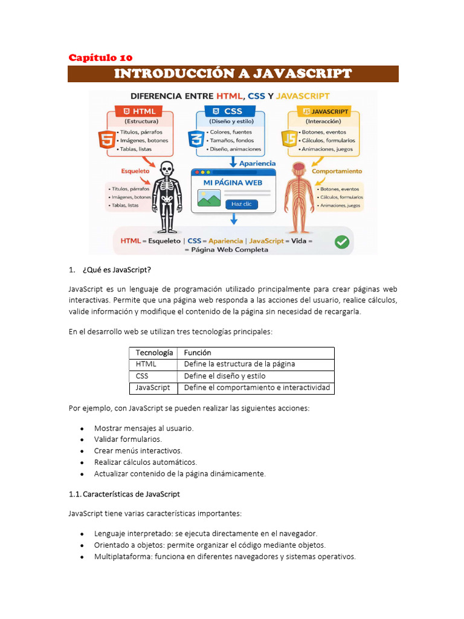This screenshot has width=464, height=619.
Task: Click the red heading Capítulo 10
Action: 100,58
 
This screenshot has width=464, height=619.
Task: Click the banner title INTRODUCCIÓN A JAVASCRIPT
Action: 233,74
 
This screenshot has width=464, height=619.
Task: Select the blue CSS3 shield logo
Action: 195,141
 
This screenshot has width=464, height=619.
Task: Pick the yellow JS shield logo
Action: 288,141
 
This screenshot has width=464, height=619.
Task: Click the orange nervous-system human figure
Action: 298,196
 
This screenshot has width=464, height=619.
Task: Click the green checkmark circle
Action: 342,242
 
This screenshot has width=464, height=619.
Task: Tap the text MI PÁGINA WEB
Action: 233,182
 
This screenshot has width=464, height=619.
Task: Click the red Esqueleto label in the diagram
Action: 135,171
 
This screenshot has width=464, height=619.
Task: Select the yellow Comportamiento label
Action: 337,171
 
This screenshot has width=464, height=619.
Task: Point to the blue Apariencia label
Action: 257,163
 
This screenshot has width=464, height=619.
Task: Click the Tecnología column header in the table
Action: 154,352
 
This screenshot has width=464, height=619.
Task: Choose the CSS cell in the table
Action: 143,376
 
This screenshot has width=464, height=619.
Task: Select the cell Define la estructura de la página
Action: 239,364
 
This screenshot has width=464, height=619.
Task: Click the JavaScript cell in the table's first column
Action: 153,387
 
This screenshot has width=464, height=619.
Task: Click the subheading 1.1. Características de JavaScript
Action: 124,494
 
